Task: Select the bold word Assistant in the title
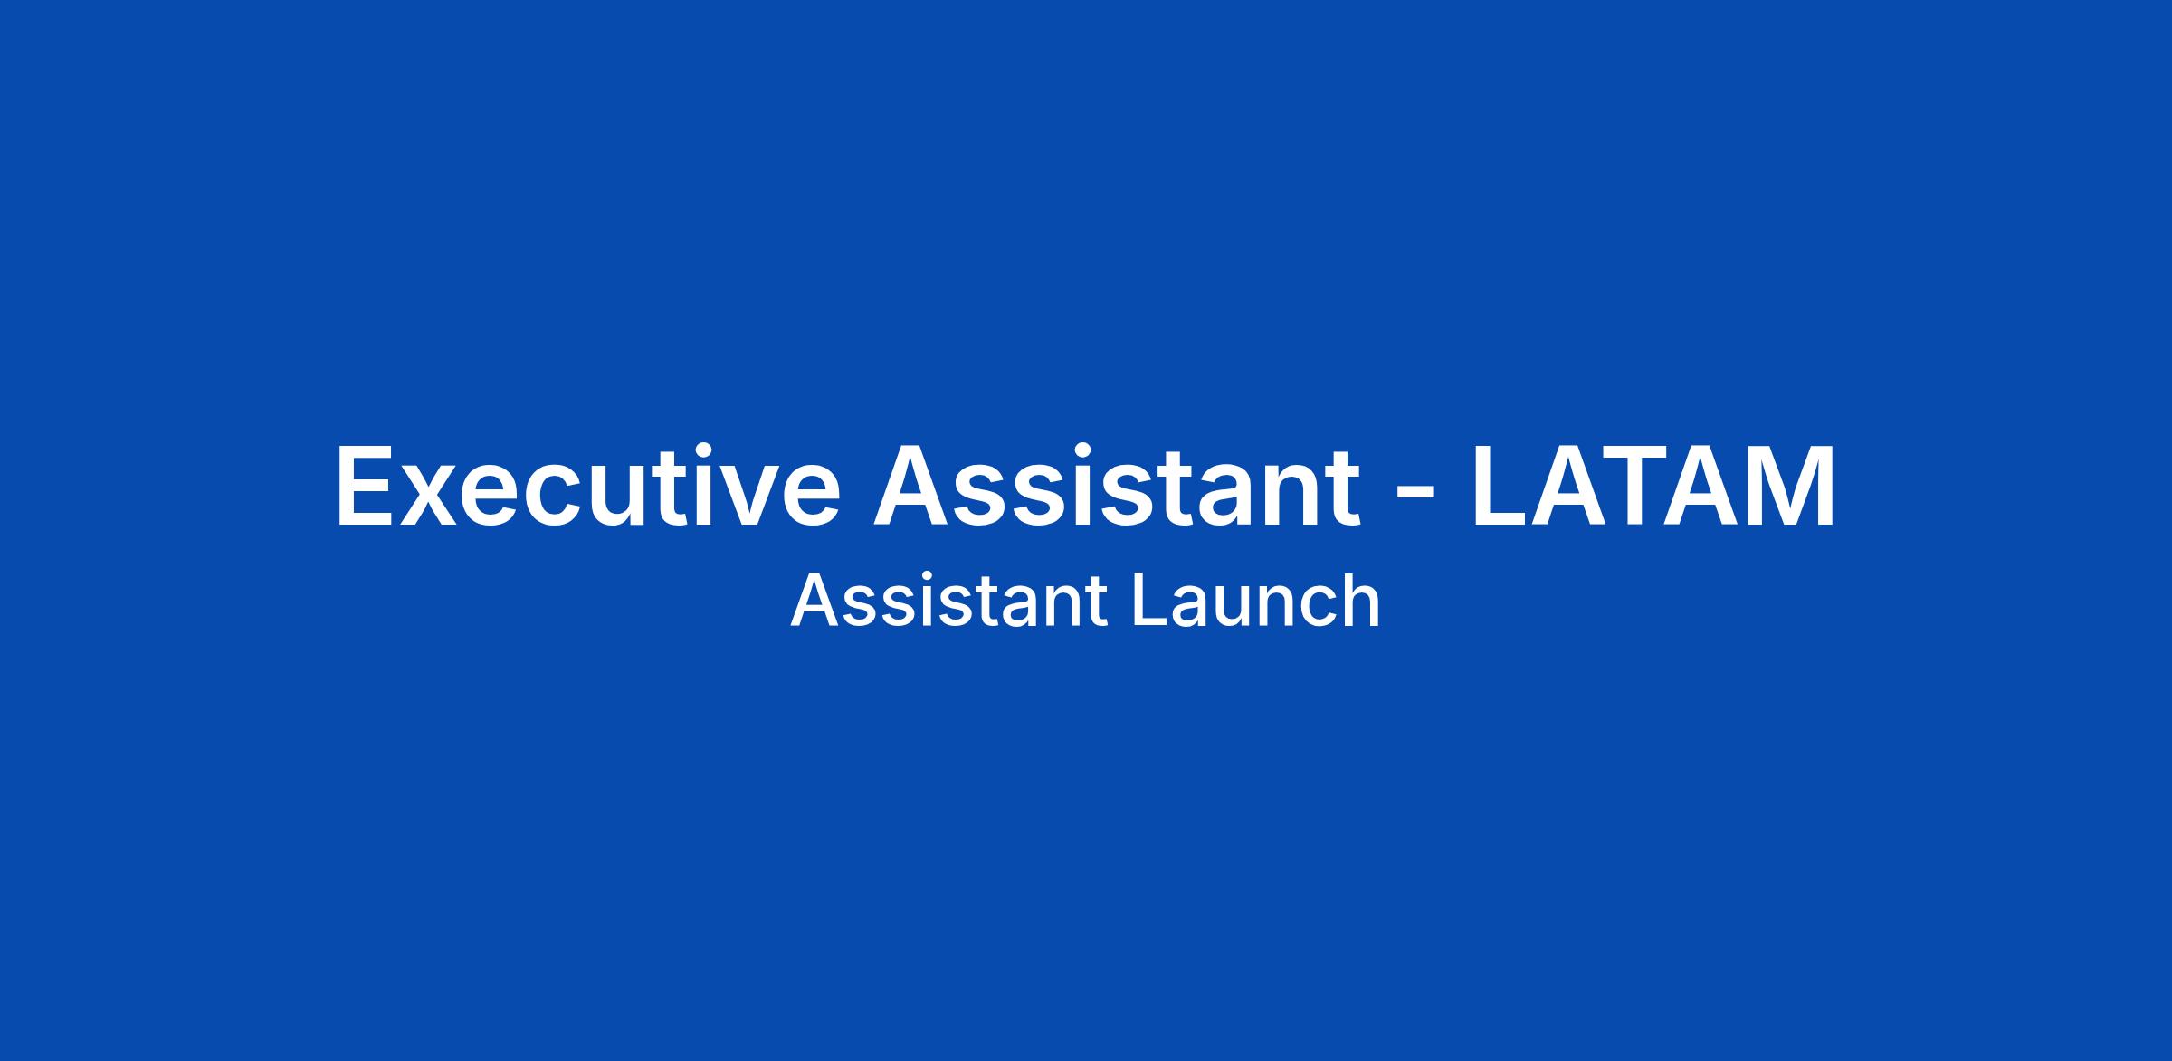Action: pyautogui.click(x=1117, y=485)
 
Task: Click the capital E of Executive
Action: pyautogui.click(x=366, y=485)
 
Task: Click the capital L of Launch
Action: pyautogui.click(x=1149, y=601)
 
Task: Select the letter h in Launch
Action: pyautogui.click(x=1363, y=601)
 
